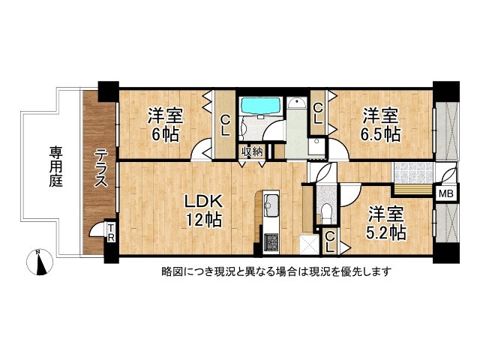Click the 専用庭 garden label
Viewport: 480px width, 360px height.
pos(56,166)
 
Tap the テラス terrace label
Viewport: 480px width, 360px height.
pos(100,169)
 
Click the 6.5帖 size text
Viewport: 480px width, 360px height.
pos(381,135)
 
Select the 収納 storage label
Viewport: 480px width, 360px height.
pos(252,151)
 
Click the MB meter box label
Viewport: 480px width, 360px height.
pos(445,194)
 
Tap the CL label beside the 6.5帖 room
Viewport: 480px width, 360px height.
pos(318,113)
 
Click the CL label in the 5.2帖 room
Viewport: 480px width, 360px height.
pos(329,241)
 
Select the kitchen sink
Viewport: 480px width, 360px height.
pos(270,205)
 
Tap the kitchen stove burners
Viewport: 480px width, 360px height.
pos(270,241)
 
